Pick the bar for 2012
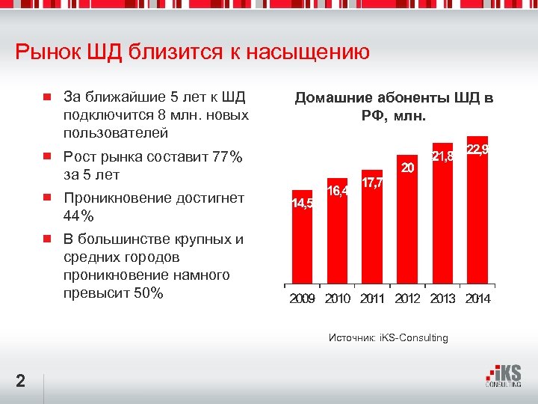[x=407, y=224]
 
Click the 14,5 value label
[x=302, y=203]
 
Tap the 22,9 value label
[x=477, y=150]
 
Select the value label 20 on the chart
[x=408, y=168]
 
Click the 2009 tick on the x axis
[x=302, y=299]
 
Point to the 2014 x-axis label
[x=477, y=299]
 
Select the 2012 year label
[x=407, y=299]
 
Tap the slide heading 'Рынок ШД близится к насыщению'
[x=192, y=52]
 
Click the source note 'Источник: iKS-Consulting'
[x=389, y=337]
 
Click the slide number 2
[x=21, y=382]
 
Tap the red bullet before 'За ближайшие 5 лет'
[x=46, y=97]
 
